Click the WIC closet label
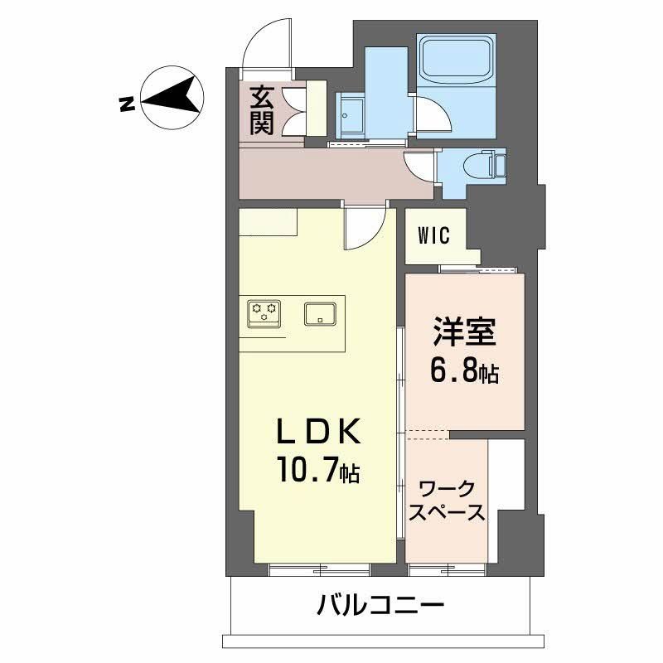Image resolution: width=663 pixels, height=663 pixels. (433, 236)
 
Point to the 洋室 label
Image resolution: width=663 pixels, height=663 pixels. (463, 333)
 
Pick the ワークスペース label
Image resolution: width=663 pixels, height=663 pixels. (447, 500)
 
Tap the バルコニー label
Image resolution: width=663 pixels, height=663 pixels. (380, 605)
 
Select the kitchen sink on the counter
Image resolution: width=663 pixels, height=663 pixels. (319, 313)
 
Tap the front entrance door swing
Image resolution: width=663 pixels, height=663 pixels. (269, 46)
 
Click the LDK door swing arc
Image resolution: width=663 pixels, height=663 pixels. (365, 227)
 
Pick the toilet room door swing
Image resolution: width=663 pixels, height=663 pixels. (419, 166)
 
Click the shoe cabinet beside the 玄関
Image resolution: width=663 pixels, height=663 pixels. (315, 107)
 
